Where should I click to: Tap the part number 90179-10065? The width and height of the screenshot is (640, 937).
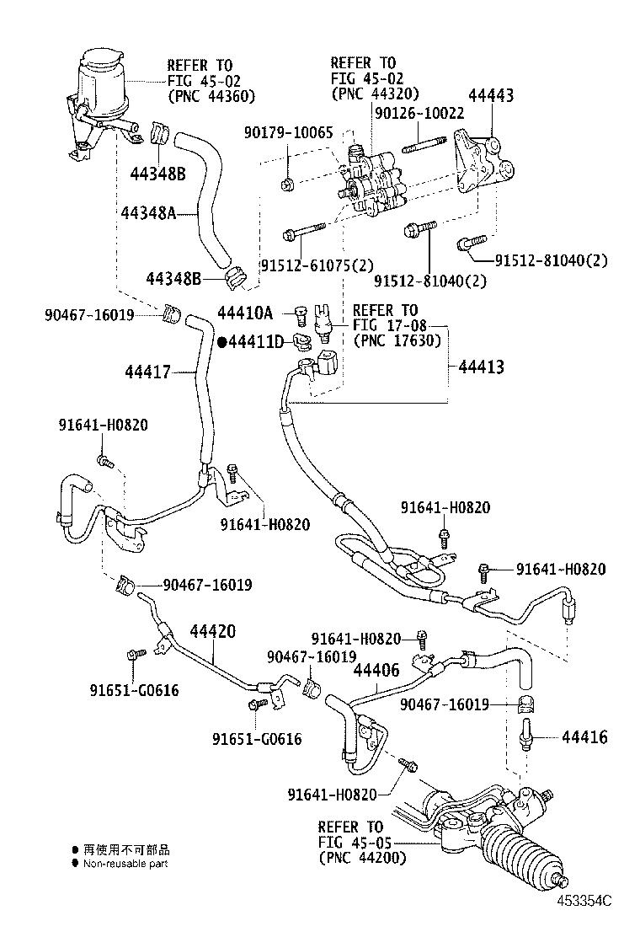(289, 133)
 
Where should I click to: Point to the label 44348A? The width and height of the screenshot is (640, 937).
(146, 213)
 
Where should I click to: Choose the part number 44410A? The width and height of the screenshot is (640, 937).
(245, 313)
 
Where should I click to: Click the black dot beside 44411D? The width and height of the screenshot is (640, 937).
(222, 342)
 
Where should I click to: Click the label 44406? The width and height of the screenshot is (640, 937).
(376, 671)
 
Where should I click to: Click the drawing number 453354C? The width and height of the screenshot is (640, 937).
(583, 901)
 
